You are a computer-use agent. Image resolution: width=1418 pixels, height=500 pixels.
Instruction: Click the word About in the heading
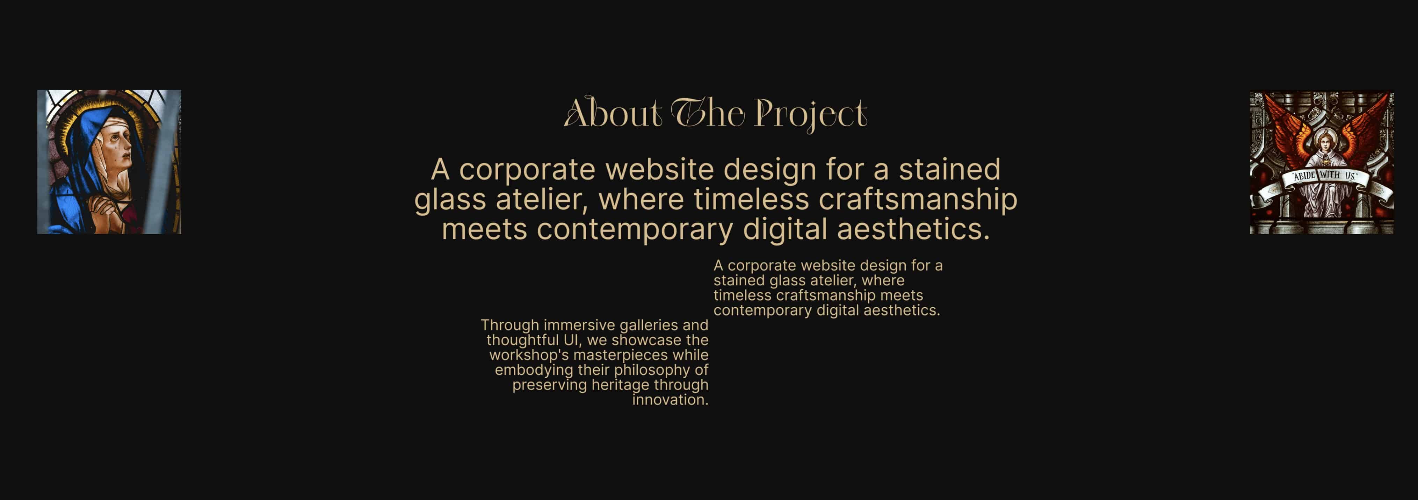click(x=613, y=113)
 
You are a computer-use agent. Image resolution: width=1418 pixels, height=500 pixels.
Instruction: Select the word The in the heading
click(x=707, y=113)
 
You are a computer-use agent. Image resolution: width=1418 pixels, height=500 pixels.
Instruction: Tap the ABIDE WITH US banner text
click(x=1324, y=176)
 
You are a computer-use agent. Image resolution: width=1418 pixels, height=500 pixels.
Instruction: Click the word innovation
click(x=670, y=400)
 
